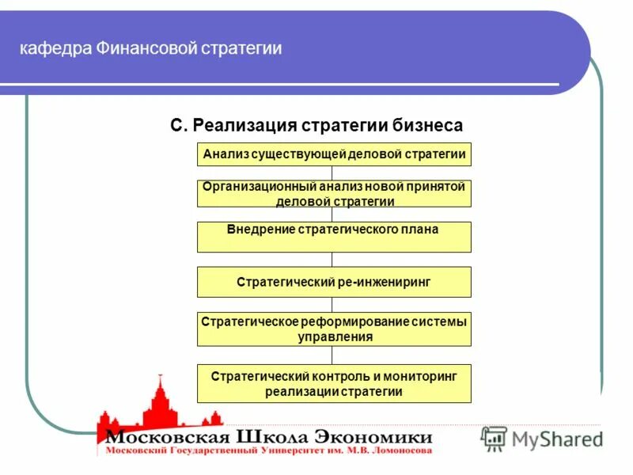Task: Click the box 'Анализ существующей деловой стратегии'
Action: coord(333,154)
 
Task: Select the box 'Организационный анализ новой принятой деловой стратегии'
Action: coord(333,194)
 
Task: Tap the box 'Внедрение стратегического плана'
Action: coord(333,237)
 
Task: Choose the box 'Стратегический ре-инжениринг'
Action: coord(333,282)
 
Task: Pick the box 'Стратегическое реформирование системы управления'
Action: coord(333,329)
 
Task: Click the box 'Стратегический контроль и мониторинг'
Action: coord(333,383)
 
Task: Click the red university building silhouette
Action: coord(159,404)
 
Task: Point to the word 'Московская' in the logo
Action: coord(167,437)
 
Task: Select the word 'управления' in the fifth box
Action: coord(335,336)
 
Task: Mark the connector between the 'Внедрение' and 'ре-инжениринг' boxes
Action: coord(332,260)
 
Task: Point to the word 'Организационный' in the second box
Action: coord(256,187)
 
